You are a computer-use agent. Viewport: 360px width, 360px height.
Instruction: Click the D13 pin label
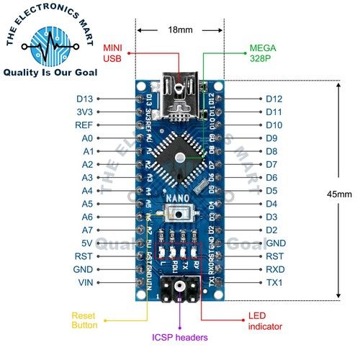[84, 99]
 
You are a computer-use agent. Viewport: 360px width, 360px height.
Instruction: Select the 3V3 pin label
[84, 112]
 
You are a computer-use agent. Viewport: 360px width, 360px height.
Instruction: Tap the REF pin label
[84, 125]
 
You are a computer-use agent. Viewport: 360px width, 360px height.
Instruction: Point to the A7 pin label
[86, 230]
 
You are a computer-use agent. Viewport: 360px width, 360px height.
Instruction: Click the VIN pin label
[85, 282]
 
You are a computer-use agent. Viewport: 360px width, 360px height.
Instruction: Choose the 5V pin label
[86, 243]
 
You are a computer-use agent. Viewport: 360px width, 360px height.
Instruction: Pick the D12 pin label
[274, 99]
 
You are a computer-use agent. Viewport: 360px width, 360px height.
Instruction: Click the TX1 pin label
[275, 282]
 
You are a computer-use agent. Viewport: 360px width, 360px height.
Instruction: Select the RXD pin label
[275, 269]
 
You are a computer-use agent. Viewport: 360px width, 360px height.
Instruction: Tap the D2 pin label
[272, 230]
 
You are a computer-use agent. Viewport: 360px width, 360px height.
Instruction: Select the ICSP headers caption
[179, 338]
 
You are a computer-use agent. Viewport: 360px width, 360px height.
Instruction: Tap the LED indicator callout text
[266, 320]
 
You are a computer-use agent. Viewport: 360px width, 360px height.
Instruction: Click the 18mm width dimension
[179, 31]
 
